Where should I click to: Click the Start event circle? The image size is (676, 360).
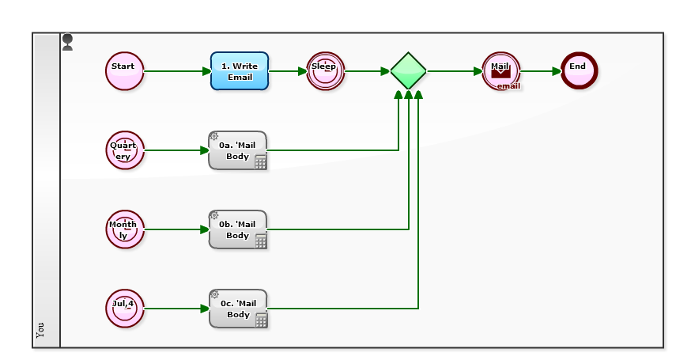click(124, 71)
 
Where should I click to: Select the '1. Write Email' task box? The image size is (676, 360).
click(240, 71)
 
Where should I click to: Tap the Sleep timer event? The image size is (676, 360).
click(325, 71)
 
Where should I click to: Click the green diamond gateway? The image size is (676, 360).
click(408, 71)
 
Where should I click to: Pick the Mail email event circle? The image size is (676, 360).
click(500, 71)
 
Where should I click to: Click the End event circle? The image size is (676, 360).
click(579, 71)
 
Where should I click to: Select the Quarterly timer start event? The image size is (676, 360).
click(124, 150)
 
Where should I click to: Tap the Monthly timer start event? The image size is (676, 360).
click(124, 229)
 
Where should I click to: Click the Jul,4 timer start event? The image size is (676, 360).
click(124, 309)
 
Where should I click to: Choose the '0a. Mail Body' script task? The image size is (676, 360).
click(237, 150)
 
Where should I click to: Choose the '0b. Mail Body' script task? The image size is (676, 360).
click(237, 229)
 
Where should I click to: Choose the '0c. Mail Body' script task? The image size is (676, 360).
click(237, 309)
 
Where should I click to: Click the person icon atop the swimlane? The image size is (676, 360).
click(68, 42)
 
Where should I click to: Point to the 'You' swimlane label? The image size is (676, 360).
click(41, 329)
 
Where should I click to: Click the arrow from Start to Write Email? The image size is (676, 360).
click(177, 71)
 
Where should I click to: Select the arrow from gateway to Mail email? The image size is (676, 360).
click(454, 71)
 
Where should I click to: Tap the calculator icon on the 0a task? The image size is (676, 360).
click(260, 162)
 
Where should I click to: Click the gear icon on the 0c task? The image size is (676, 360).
click(214, 294)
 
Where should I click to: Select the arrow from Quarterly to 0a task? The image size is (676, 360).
click(176, 150)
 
